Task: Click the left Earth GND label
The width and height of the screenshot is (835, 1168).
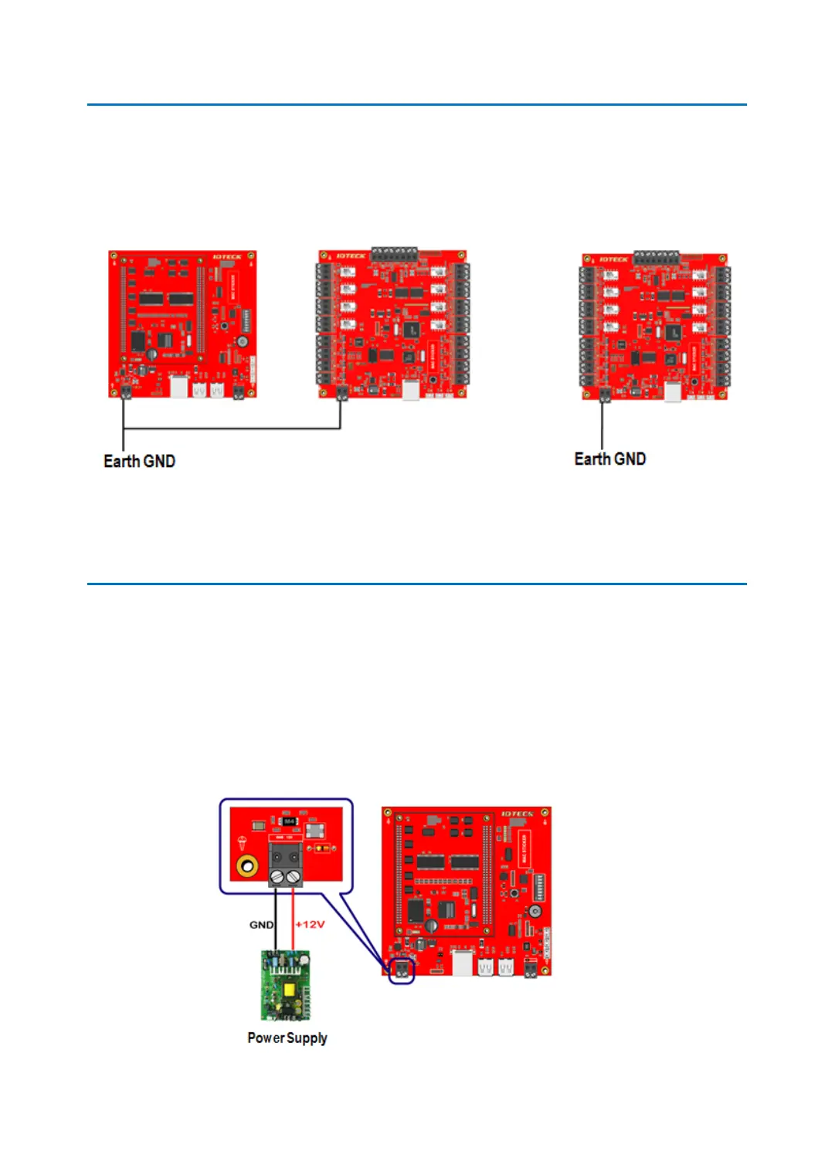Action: [139, 461]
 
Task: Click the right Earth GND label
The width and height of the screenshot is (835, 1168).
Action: [609, 459]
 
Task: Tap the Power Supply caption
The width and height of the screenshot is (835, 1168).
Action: [287, 1038]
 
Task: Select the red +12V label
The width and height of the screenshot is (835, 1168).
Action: [311, 924]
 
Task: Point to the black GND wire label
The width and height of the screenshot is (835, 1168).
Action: [260, 924]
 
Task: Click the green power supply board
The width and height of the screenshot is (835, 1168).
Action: [286, 985]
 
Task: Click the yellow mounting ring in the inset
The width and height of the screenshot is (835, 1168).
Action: [247, 866]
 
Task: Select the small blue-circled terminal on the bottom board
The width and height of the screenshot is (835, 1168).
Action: [401, 970]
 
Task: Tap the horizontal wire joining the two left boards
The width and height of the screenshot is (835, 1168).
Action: [232, 428]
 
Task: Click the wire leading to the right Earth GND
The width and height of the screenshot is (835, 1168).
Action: [602, 425]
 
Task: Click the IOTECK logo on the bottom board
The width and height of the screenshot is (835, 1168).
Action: [516, 814]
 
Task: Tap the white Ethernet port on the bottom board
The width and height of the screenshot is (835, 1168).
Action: [463, 963]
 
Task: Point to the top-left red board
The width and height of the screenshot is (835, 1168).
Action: [182, 324]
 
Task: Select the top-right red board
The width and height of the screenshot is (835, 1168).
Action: [655, 326]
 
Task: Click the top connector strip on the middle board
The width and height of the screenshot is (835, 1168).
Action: [394, 254]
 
